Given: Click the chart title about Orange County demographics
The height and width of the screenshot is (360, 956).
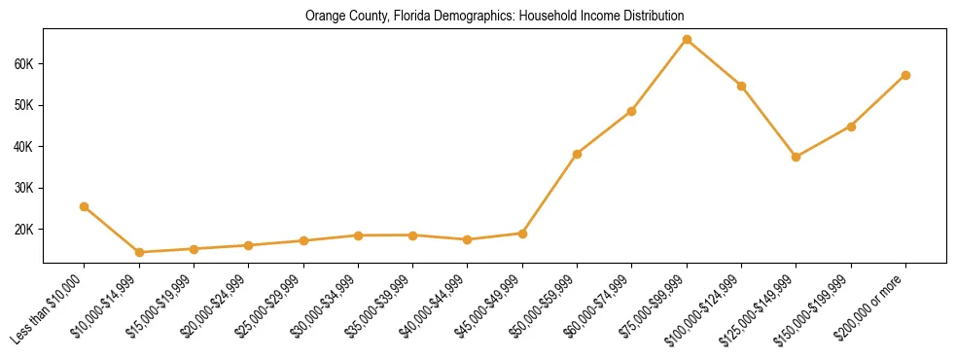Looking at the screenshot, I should click(x=494, y=17).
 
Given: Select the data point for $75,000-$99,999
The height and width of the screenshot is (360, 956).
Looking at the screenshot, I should click(x=687, y=40).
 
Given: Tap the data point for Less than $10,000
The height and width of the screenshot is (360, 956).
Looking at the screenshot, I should click(x=85, y=206).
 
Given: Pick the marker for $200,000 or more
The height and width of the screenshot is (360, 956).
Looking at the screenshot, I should click(x=905, y=75).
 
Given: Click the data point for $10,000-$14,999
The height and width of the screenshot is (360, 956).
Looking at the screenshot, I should click(x=139, y=252).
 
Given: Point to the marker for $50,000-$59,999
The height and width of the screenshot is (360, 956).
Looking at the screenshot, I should click(x=577, y=154).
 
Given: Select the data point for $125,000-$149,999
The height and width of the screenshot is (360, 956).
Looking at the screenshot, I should click(x=797, y=157).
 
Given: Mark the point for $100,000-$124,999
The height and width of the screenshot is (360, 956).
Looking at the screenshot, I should click(x=741, y=86).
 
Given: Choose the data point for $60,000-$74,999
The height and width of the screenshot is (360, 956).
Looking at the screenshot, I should click(x=632, y=111).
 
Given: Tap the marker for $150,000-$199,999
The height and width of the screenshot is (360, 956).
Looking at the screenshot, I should click(x=851, y=126).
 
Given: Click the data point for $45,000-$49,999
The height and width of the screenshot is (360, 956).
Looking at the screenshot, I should click(x=522, y=234).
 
